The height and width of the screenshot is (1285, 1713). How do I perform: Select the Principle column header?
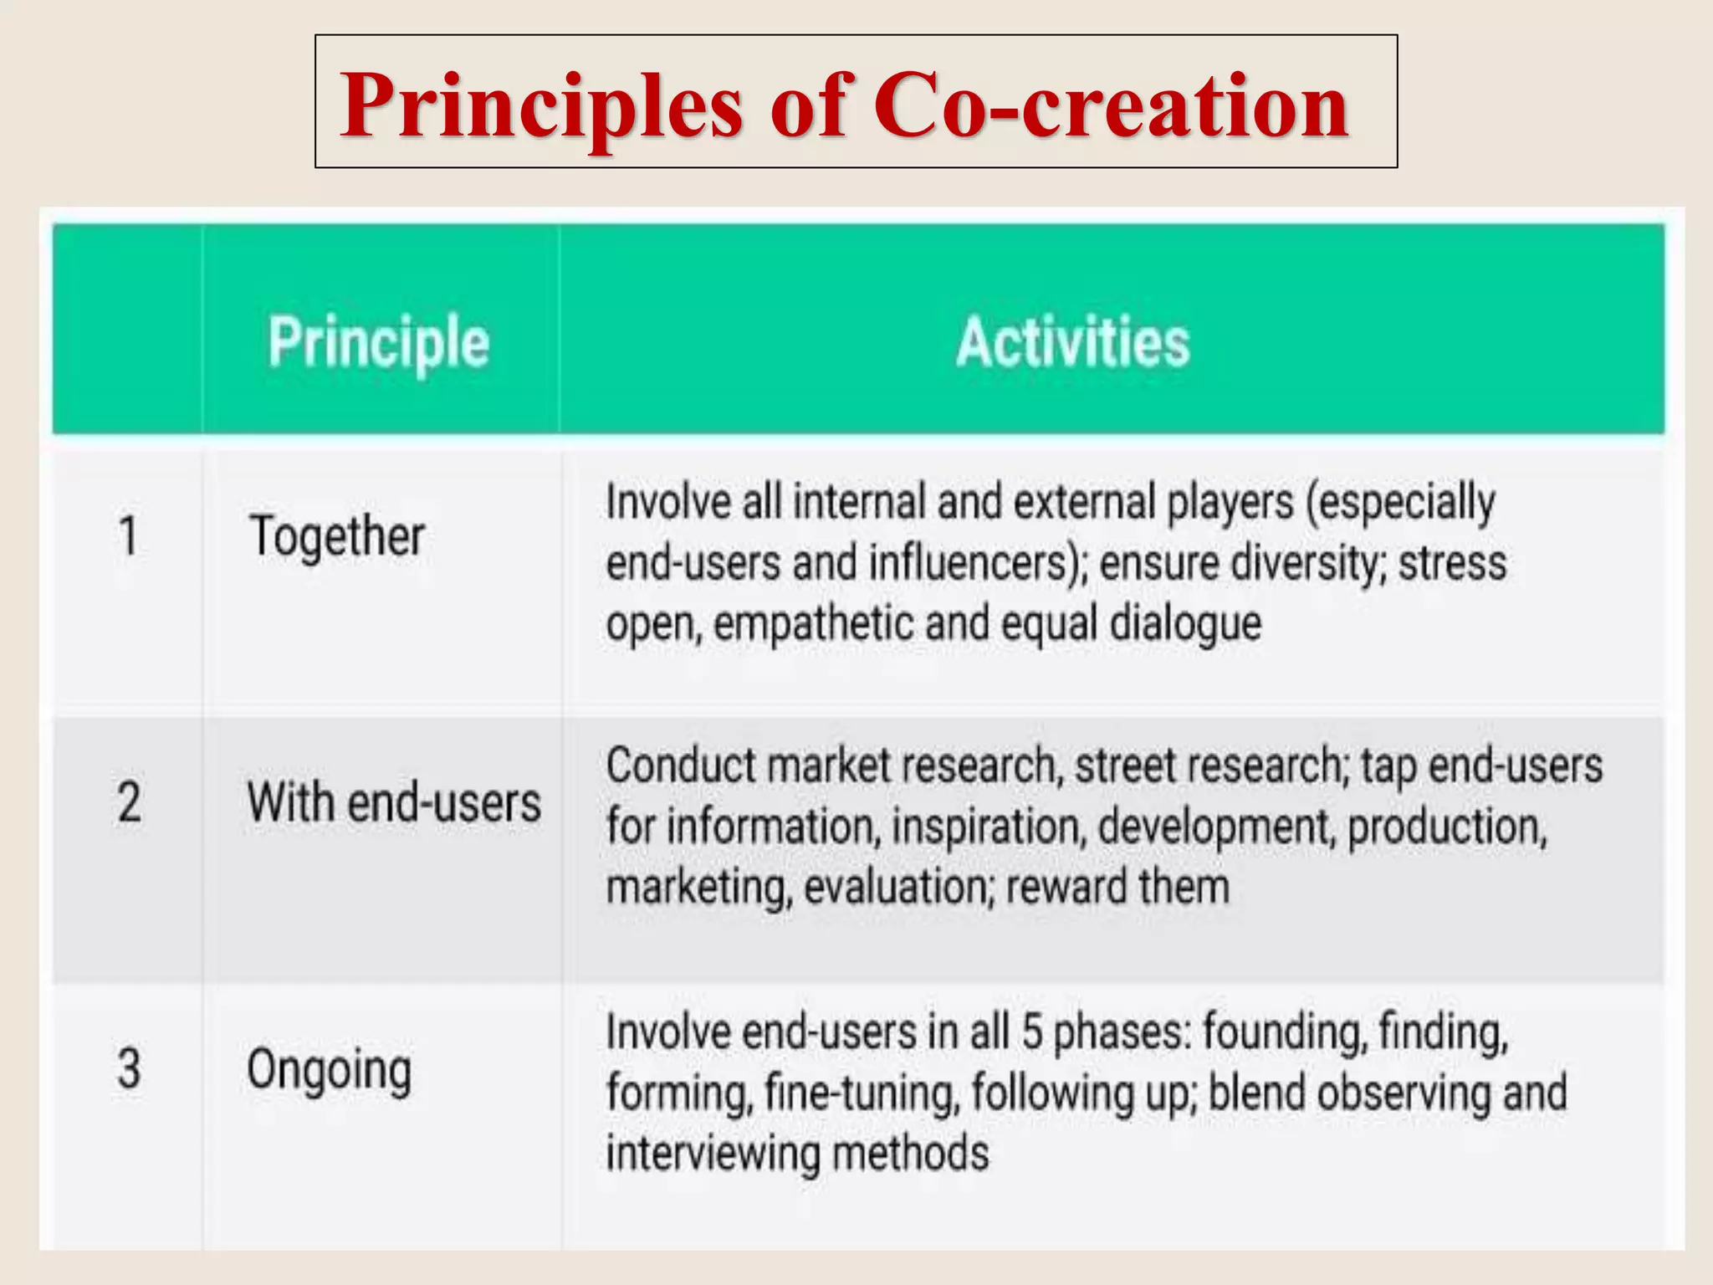[379, 342]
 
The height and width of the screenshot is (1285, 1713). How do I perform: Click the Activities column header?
[1072, 342]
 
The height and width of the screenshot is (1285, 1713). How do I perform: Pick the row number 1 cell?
[128, 535]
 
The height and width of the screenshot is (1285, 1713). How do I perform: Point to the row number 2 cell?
[128, 801]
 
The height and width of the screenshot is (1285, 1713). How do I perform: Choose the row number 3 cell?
[128, 1068]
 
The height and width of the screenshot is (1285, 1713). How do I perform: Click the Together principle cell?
[337, 535]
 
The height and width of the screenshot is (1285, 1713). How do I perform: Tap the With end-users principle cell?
[393, 801]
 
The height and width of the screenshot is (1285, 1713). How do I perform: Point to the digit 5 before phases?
[1031, 1032]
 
